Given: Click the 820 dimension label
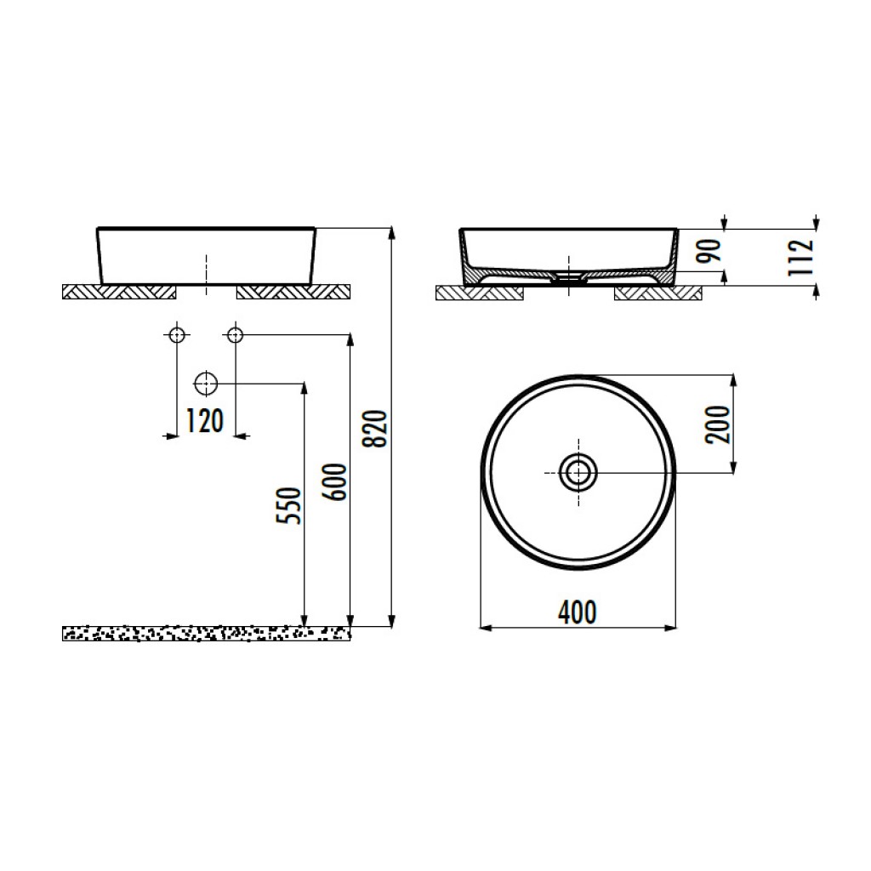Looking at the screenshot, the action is [x=374, y=429].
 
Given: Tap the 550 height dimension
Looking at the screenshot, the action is [x=289, y=505].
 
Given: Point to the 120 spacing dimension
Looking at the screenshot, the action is [x=204, y=420].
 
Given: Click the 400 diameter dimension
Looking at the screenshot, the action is [x=578, y=612].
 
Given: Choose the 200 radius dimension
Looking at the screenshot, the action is [x=717, y=424].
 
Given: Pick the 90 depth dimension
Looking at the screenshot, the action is [x=709, y=251].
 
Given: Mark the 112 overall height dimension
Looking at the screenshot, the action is [x=801, y=257].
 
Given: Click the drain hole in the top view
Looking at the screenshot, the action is [x=578, y=473].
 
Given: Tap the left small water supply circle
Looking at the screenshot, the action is [x=177, y=335].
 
